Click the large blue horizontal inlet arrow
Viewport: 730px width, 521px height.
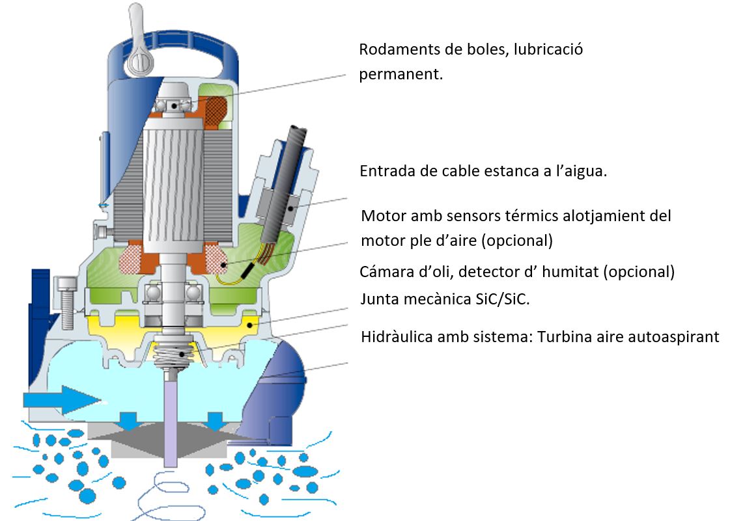(x=61, y=399)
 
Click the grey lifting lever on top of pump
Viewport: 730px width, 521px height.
(x=138, y=42)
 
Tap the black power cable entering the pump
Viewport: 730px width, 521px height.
(x=284, y=186)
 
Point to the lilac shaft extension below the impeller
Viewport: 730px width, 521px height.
(x=171, y=419)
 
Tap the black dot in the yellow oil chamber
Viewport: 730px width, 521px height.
(x=250, y=325)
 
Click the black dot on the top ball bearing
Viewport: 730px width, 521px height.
(x=174, y=106)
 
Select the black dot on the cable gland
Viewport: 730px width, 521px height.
(x=290, y=208)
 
